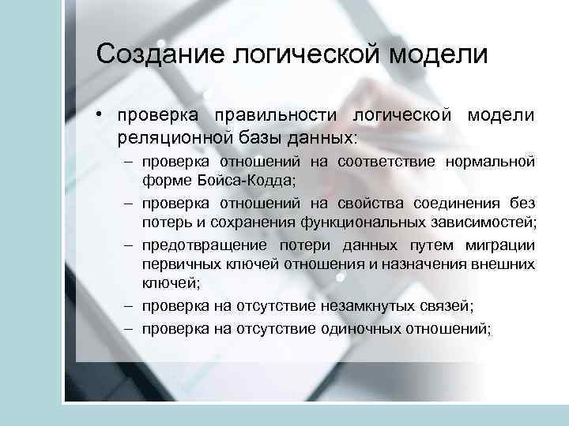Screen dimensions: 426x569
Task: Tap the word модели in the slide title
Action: (439, 54)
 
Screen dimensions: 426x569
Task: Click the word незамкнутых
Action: (355, 305)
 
